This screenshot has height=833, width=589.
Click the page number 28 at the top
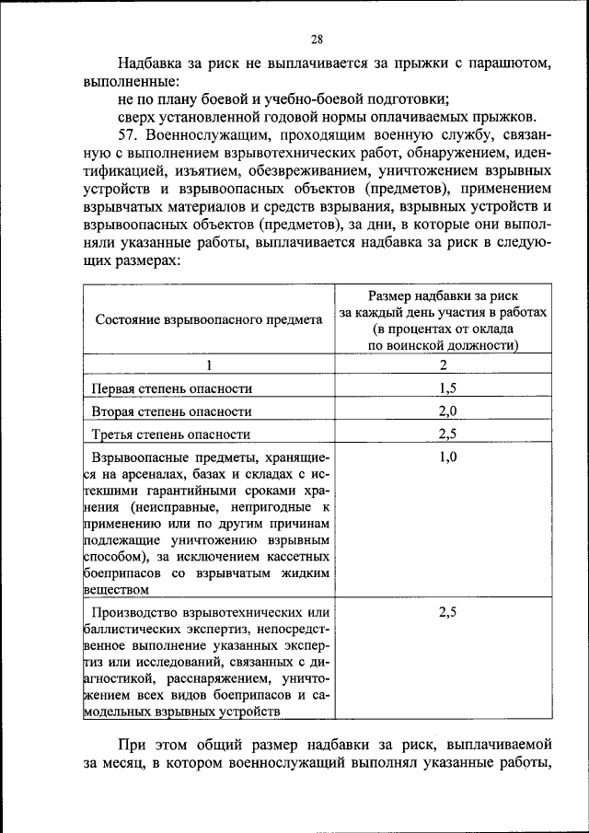(317, 39)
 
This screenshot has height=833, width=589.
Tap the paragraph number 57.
(131, 135)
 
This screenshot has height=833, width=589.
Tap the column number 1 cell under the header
(208, 364)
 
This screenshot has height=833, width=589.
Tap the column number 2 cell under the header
(443, 364)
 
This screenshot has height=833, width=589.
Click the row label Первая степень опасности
(172, 388)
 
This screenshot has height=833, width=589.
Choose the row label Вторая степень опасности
(172, 411)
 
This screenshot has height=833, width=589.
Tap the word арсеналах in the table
(156, 474)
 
